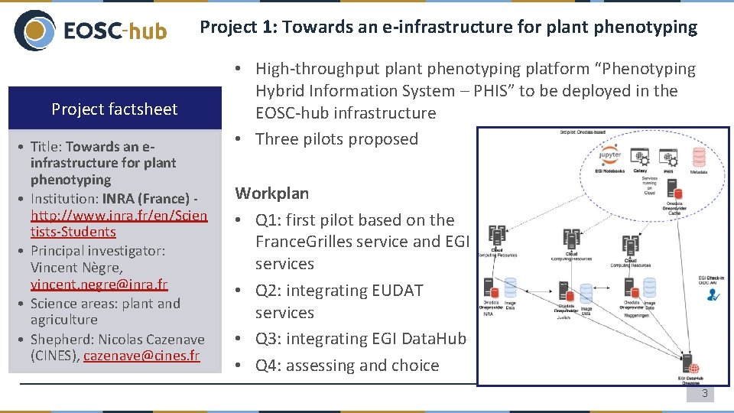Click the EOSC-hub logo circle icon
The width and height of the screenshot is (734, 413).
[34, 31]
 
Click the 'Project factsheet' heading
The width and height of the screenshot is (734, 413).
[114, 109]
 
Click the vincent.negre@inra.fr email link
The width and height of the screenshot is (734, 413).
[99, 285]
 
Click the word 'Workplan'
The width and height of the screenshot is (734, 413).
[272, 193]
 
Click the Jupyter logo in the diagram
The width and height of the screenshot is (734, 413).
[610, 153]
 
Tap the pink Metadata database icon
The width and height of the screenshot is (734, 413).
[698, 157]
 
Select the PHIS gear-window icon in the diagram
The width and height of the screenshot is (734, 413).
[669, 157]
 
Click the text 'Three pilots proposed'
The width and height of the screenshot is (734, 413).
[336, 139]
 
